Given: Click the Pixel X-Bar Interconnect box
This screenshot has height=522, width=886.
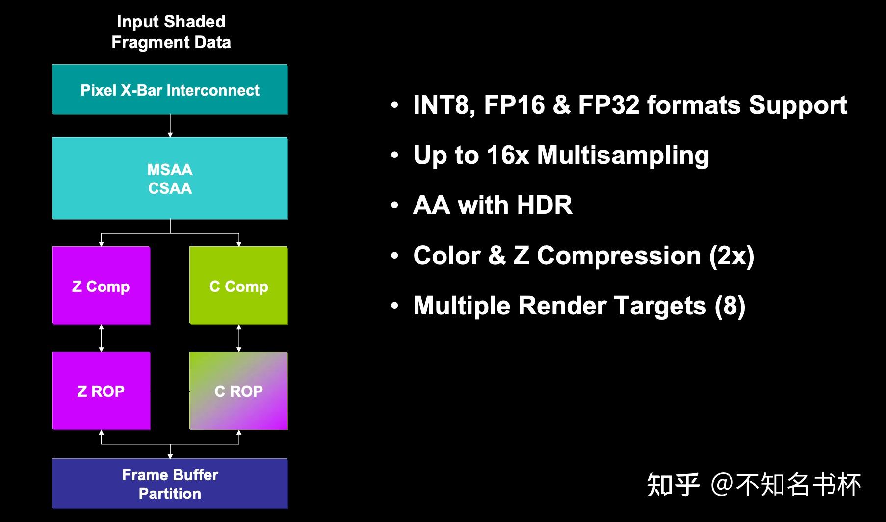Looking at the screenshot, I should pos(170,90).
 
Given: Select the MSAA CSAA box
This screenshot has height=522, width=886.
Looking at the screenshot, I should pos(170,178).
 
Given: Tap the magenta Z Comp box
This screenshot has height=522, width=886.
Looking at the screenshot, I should pos(101,286).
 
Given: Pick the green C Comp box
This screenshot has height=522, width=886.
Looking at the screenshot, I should pos(238,286).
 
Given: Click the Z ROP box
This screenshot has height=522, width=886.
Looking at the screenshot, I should pos(101,391).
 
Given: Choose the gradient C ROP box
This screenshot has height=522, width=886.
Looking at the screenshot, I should pos(238,391).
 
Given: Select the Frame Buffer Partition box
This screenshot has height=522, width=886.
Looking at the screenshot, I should pos(170,484).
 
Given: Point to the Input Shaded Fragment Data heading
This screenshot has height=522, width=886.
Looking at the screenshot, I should pos(171,32).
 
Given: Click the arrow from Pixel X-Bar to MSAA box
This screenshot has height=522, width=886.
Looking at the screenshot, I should pos(170,126).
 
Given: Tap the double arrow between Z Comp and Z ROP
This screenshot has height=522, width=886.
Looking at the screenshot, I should pos(102,338).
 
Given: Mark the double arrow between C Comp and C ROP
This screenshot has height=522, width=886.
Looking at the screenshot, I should pos(239,338).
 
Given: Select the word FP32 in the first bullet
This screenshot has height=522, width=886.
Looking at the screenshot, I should pos(608,105).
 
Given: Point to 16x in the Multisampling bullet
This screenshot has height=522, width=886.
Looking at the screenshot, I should pos(508,155).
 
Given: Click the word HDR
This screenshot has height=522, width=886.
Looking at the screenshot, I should pos(544,205).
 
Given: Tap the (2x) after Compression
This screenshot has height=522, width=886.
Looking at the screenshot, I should pos(731,256).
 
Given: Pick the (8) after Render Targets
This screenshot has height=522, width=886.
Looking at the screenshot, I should pos(730,306).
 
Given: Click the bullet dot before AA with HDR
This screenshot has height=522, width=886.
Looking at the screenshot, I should pos(395,205).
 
